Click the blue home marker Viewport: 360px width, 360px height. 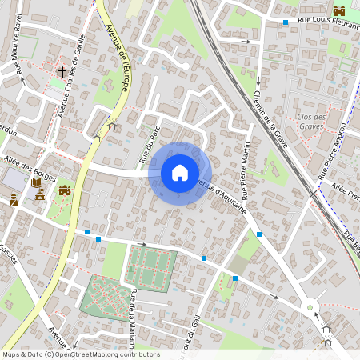[x=180, y=173]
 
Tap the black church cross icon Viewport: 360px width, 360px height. [x=62, y=72]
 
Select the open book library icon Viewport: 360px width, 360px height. [x=37, y=183]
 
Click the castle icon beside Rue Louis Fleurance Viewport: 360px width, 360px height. [x=339, y=10]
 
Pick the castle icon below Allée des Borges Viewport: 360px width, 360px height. [x=65, y=190]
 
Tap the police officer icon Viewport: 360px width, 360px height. [x=14, y=199]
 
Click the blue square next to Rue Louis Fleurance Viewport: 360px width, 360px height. [x=286, y=22]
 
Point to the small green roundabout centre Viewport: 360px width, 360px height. [x=310, y=306]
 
